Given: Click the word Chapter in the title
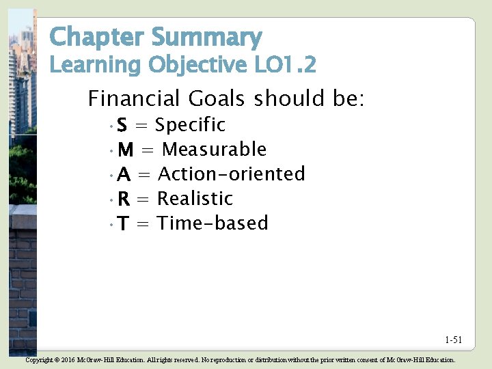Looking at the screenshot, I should (x=97, y=37).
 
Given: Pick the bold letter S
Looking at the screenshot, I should (x=122, y=126).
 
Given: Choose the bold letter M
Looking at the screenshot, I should (x=125, y=150).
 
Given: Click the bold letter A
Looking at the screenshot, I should (x=124, y=175).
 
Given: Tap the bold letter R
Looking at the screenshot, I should (x=124, y=200).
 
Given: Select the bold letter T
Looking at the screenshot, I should (x=123, y=224).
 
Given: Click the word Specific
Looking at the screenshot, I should (x=190, y=125).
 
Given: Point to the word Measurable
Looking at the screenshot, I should (x=214, y=150).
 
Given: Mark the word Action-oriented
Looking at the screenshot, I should (x=231, y=174).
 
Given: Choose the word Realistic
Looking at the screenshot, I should (x=195, y=199).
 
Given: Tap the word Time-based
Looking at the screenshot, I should (x=213, y=223).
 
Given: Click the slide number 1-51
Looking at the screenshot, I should (x=453, y=340).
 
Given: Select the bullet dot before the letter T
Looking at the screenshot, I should (x=111, y=225).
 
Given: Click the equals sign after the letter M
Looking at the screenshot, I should (x=147, y=150).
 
